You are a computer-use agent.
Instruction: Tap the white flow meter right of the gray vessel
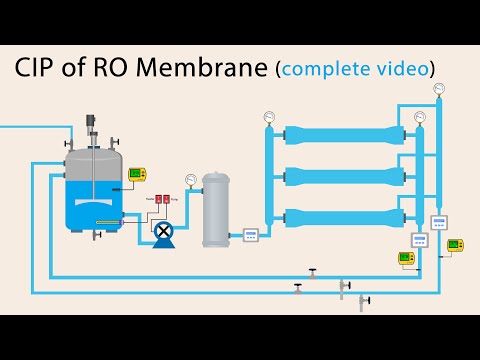pos(250,235)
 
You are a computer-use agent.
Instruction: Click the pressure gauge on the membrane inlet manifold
pos(268,116)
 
